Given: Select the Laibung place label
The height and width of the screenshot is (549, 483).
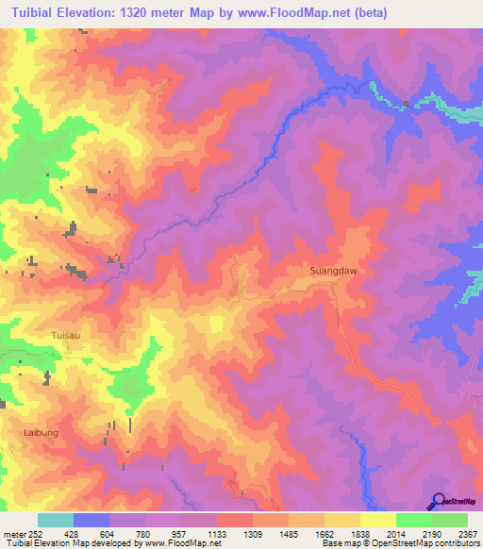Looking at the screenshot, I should click(40, 432).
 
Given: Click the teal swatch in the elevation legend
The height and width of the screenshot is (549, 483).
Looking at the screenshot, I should click(55, 520).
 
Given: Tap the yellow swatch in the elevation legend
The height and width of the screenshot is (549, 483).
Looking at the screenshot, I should click(377, 520).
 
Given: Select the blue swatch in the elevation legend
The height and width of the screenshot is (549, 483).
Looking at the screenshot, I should click(91, 520).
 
